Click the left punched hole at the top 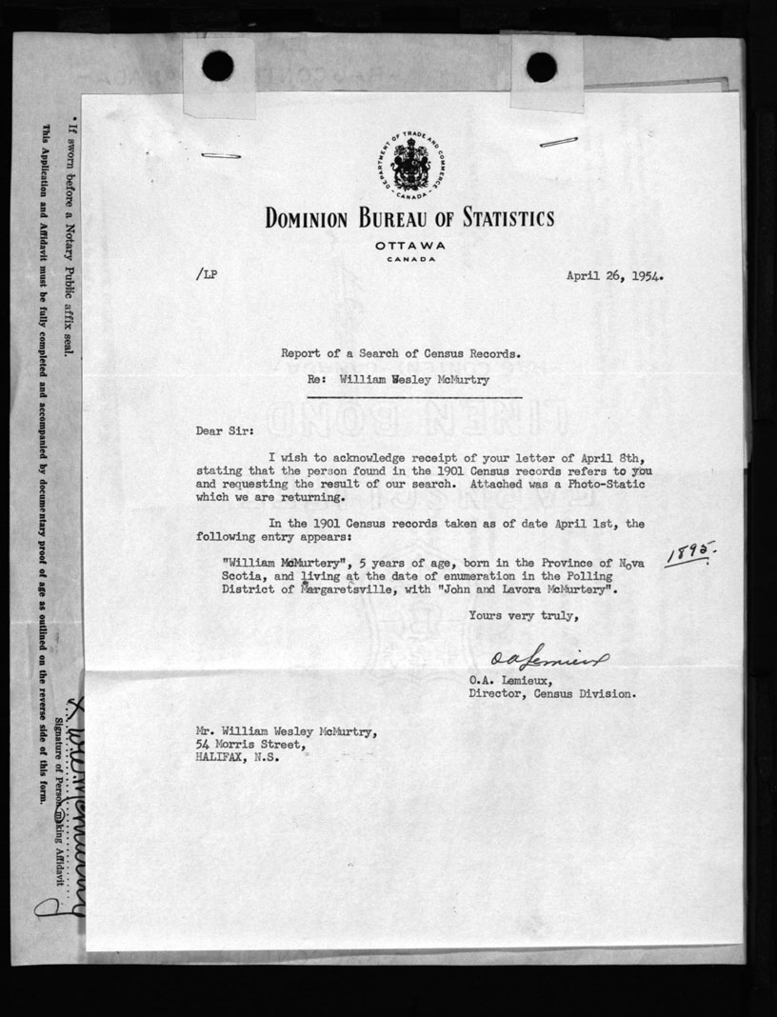pos(218,65)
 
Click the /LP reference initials pos(204,275)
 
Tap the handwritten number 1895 pos(690,553)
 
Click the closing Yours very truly pos(523,616)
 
